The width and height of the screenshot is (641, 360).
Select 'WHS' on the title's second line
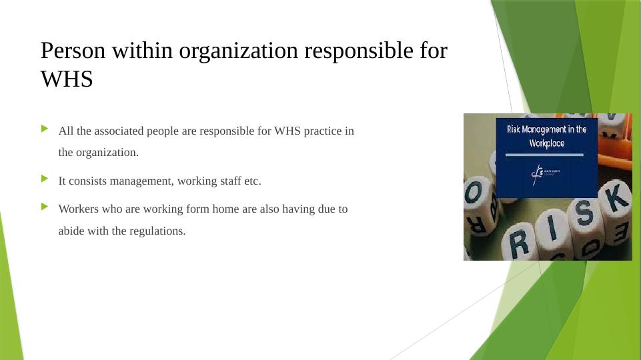click(x=67, y=79)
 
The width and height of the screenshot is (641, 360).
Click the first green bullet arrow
click(x=45, y=128)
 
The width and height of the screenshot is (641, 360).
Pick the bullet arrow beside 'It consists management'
click(x=45, y=179)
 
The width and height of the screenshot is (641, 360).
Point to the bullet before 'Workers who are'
click(x=45, y=207)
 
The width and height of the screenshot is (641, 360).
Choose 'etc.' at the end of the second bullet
click(x=251, y=181)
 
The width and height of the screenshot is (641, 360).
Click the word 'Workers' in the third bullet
click(x=79, y=209)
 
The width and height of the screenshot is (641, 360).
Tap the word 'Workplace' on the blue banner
click(x=547, y=143)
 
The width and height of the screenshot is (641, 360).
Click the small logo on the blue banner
click(x=538, y=173)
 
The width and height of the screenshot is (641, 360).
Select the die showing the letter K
click(x=614, y=200)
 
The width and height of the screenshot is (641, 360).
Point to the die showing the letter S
click(x=582, y=215)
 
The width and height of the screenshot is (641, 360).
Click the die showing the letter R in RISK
click(x=520, y=243)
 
